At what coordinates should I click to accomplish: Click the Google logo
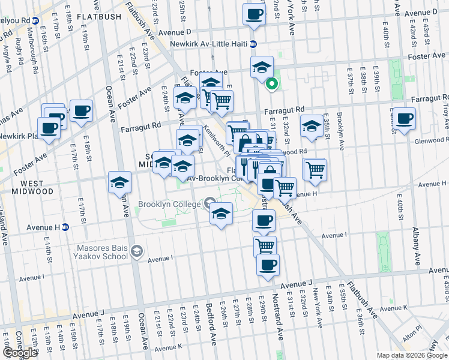point(20,352)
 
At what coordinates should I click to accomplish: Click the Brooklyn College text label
point(169,204)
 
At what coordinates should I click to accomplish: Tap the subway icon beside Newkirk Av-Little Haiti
point(253,44)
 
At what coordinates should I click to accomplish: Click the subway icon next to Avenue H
point(65,227)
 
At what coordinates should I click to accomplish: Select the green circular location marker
point(271,85)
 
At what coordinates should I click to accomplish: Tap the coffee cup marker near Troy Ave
point(405,118)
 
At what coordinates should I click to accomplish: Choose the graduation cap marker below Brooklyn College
point(221,213)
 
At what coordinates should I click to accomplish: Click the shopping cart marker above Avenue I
point(264,245)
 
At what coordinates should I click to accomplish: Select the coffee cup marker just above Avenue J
point(268,264)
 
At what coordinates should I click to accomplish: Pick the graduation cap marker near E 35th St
point(312,126)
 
